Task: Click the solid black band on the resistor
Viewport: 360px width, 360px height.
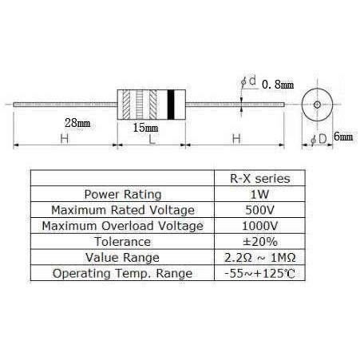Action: pos(171,105)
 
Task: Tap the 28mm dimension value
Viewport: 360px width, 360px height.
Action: pos(77,123)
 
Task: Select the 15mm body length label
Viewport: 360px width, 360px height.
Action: pos(145,128)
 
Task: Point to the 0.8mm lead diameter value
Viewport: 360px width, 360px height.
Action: pos(278,85)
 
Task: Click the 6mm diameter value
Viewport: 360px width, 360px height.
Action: pos(343,136)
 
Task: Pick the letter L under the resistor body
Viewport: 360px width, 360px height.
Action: pos(152,139)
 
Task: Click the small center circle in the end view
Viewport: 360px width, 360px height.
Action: pos(317,105)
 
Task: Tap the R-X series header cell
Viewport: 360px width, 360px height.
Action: pos(260,178)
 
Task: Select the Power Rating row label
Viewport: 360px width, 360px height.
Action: pos(123,194)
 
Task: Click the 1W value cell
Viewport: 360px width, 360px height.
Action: pos(259,194)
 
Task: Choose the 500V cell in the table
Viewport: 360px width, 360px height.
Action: pos(259,210)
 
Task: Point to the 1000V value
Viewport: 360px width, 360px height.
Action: pos(259,226)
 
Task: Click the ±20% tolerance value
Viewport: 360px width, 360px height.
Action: pos(260,242)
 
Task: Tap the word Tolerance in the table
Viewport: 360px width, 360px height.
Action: pos(123,242)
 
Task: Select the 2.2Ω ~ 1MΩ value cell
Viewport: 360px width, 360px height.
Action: pos(260,258)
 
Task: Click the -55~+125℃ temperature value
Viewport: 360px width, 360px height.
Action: pos(260,273)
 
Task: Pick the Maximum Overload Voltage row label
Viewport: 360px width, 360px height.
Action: pos(123,226)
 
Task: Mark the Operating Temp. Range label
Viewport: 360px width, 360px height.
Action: pos(122,274)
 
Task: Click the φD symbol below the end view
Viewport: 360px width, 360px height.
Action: pos(318,139)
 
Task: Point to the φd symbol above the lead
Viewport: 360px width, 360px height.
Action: pos(248,81)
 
